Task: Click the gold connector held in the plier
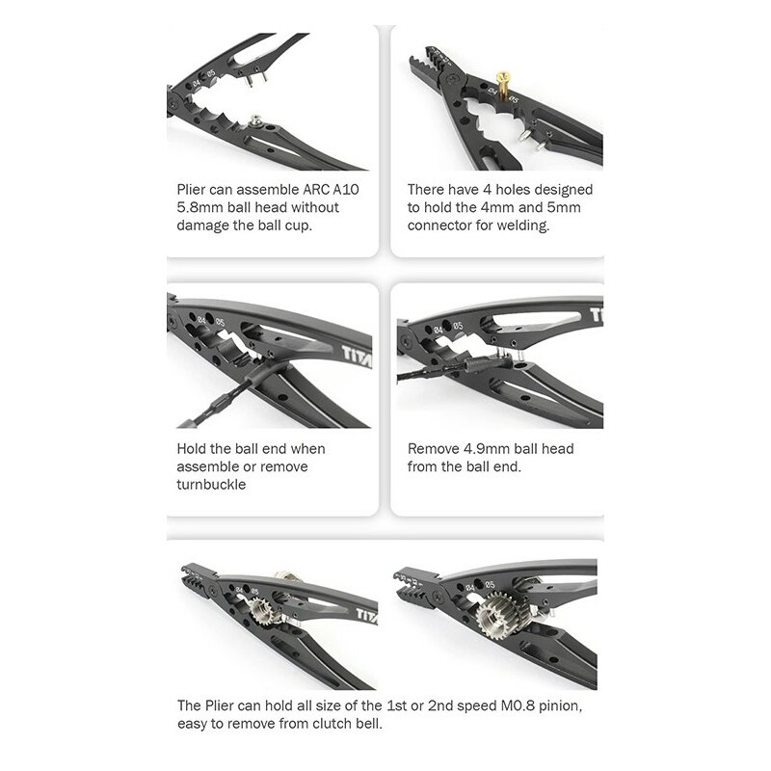click(502, 86)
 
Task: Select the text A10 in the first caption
click(346, 189)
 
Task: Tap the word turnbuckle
click(211, 485)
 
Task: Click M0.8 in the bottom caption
click(518, 705)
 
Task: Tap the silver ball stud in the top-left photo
click(254, 120)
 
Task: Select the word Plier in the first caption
click(191, 189)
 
